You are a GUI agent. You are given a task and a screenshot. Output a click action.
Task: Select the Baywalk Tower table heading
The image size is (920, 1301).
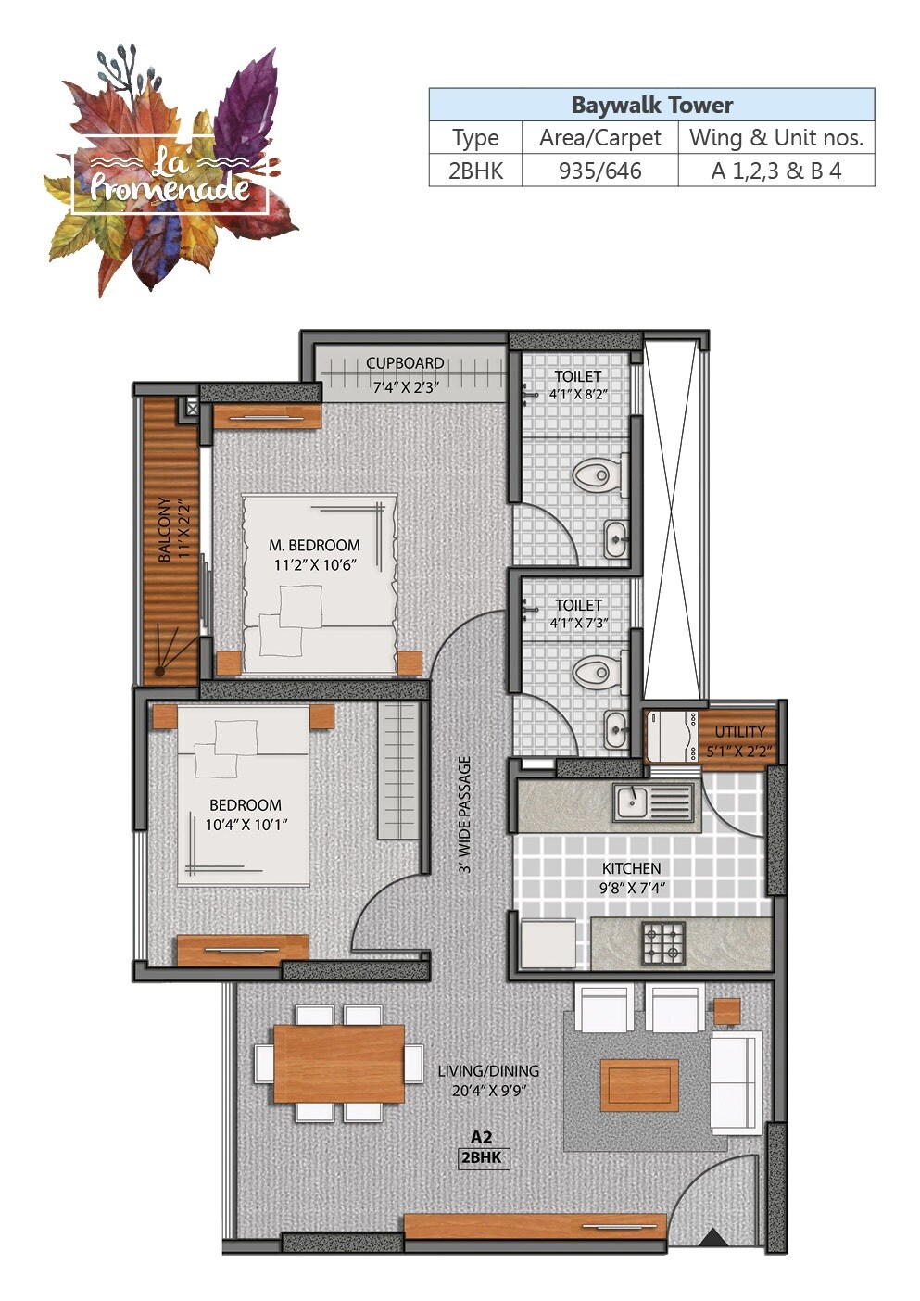[x=651, y=105]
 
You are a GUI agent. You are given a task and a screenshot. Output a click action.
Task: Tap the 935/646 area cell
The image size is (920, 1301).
[x=599, y=171]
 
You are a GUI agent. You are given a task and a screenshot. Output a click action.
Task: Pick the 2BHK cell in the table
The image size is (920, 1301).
[x=475, y=171]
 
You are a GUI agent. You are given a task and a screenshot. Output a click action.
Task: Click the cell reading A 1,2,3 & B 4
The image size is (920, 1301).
[x=776, y=171]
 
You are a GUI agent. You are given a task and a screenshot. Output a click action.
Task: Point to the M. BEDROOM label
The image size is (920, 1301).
[x=314, y=554]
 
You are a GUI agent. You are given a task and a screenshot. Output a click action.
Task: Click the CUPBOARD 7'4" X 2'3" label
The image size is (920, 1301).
[x=405, y=375]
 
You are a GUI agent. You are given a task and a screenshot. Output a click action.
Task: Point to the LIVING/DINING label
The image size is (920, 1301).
[x=488, y=1080]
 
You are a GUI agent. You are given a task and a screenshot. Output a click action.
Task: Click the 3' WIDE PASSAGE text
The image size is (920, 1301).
[x=465, y=815]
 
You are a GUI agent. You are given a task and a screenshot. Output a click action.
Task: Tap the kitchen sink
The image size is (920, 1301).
[x=652, y=802]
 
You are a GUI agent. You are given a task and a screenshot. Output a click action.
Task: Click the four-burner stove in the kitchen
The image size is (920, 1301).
[x=663, y=943]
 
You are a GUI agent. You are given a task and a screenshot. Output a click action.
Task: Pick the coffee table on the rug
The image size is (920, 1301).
[x=639, y=1085]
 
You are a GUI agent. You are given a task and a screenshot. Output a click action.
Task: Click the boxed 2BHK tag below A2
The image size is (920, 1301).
[x=484, y=1158]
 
